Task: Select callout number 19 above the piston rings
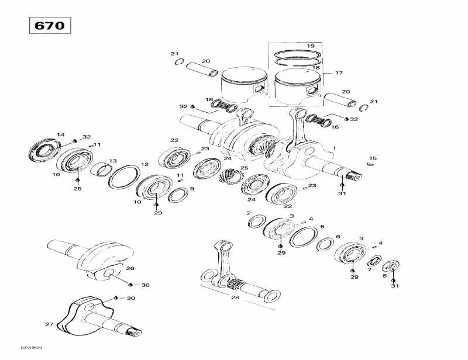(x=311, y=46)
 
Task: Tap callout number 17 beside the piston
(x=339, y=73)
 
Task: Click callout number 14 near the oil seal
(x=60, y=135)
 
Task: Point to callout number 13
(x=113, y=161)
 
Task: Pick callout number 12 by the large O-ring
(x=144, y=164)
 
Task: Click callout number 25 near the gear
(x=244, y=168)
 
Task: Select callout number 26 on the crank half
(x=130, y=269)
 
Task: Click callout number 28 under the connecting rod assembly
(x=235, y=297)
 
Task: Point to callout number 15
(x=373, y=158)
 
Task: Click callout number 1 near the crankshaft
(x=334, y=148)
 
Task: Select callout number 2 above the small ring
(x=249, y=213)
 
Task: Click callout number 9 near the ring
(x=192, y=189)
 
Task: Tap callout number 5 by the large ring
(x=322, y=226)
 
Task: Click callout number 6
(x=338, y=237)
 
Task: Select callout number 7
(x=369, y=270)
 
